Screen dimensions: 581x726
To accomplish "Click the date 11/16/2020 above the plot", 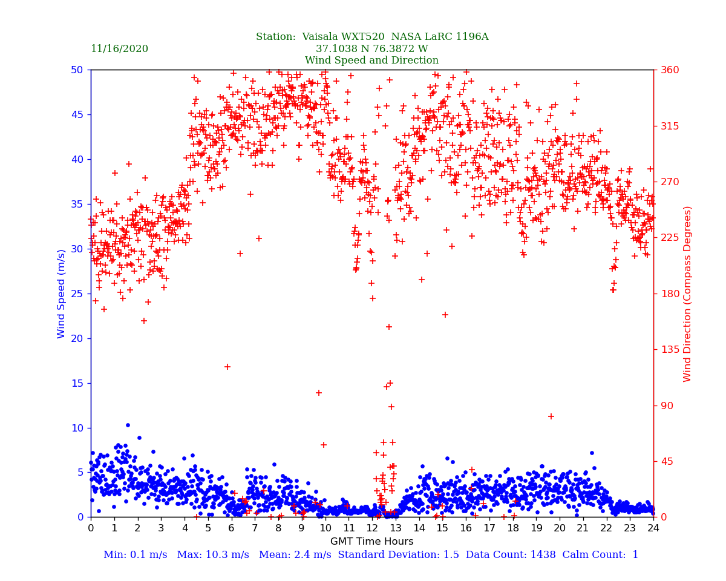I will tap(119, 49).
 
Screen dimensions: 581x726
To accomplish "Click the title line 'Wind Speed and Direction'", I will tap(371, 61).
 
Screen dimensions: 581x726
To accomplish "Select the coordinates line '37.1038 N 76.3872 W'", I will tap(371, 49).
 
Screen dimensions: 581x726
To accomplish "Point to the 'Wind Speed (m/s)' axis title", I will tap(62, 293).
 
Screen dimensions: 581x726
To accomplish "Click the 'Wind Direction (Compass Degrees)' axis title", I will tap(687, 294).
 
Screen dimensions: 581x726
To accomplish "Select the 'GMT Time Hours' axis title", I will tap(371, 542).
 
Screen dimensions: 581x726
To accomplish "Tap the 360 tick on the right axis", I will tap(670, 70).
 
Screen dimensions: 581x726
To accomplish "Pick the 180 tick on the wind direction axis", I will tap(670, 294).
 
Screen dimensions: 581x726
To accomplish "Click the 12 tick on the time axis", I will tap(371, 528).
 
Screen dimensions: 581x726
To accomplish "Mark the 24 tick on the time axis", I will tap(653, 528).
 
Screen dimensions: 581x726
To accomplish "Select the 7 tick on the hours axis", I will tap(255, 528).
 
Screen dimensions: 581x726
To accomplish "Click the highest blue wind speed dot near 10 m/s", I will tap(128, 425).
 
